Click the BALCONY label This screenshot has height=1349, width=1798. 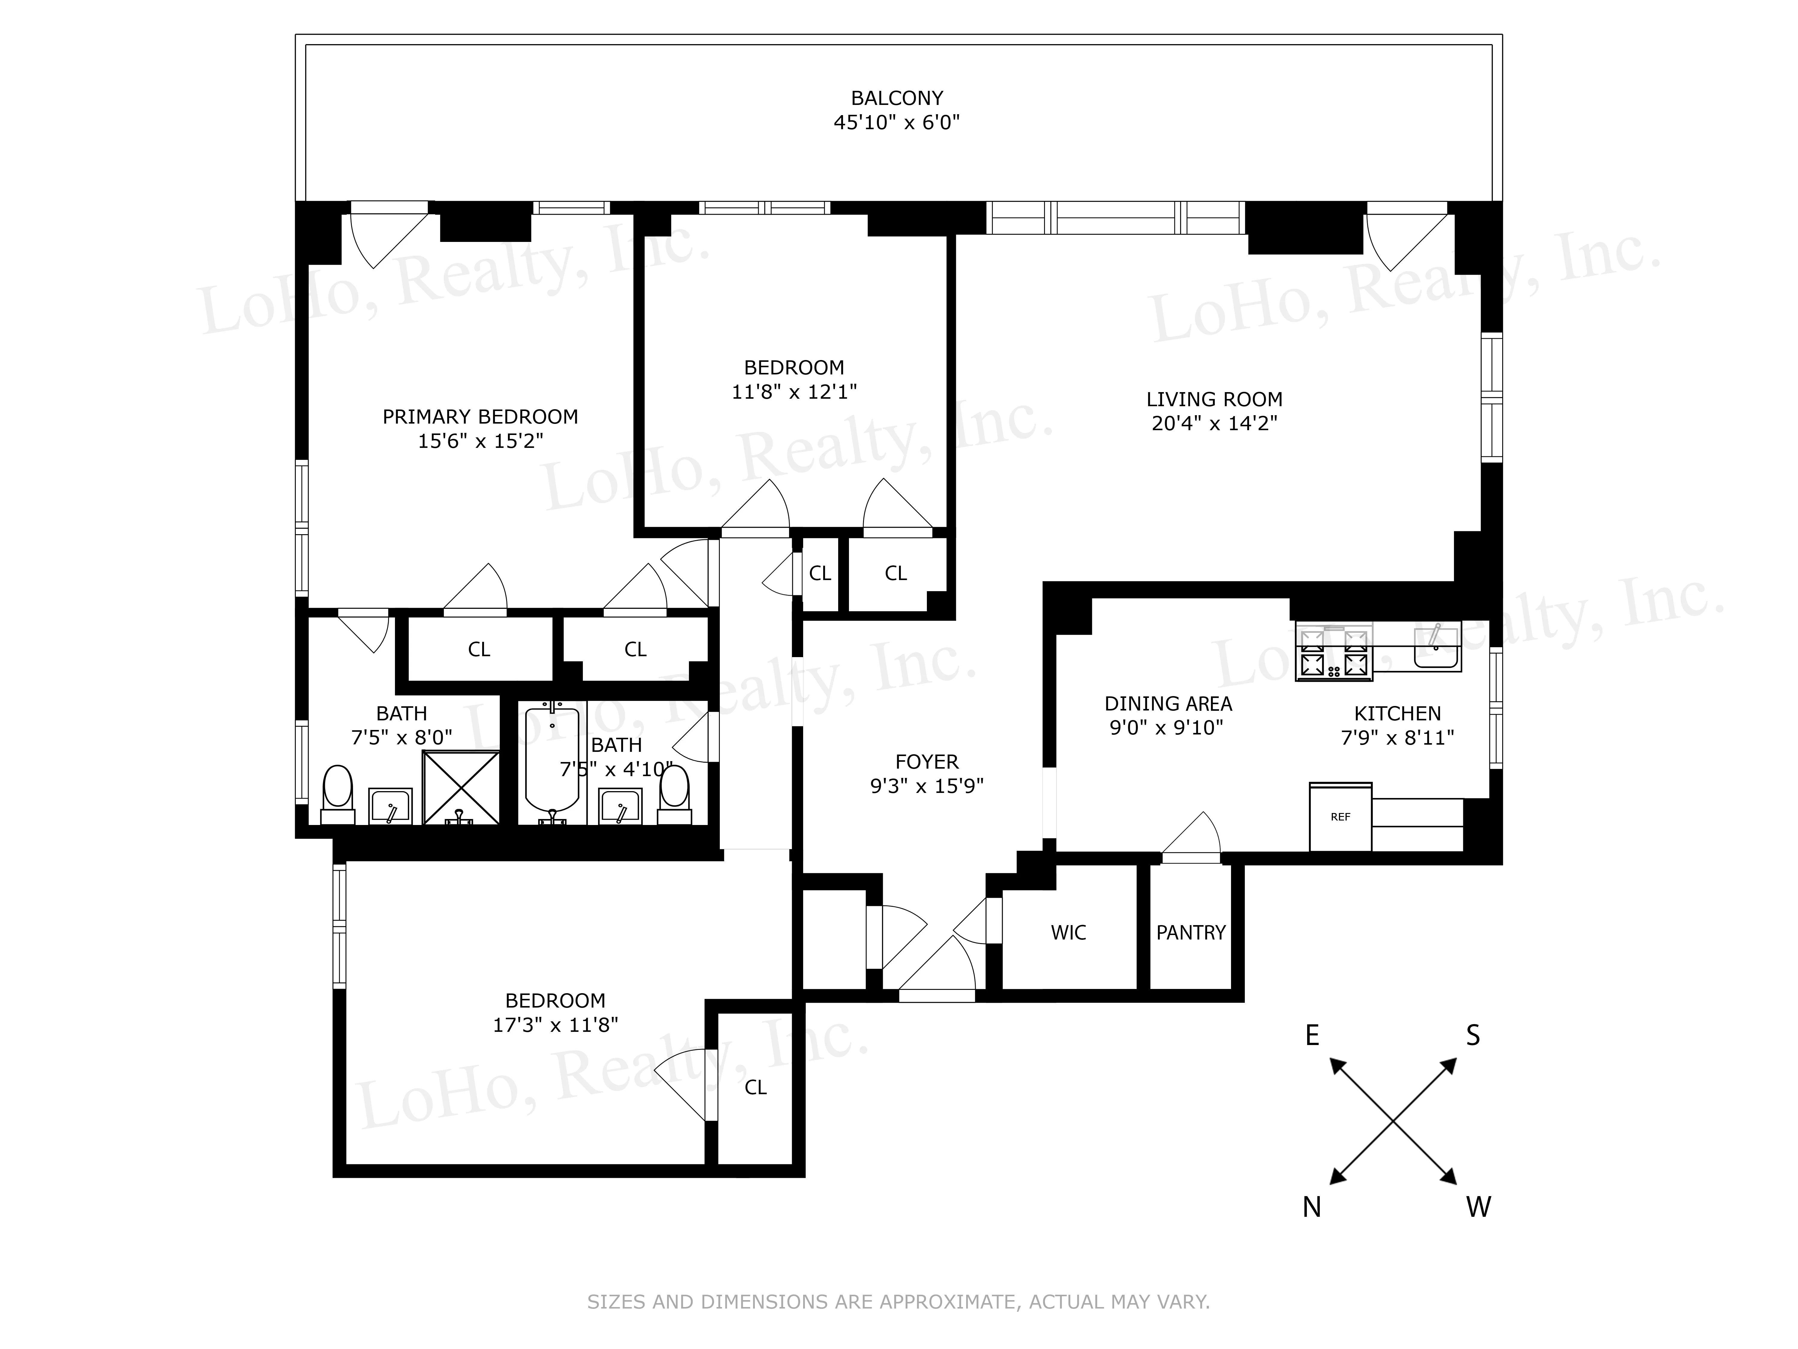[897, 98]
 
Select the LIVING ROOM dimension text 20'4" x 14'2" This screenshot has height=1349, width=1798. [1214, 424]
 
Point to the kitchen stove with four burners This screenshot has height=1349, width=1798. [1333, 652]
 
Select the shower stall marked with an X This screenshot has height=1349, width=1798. [461, 787]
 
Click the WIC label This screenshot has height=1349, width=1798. [1068, 933]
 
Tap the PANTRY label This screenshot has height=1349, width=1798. [1191, 933]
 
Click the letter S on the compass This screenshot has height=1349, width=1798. [1473, 1035]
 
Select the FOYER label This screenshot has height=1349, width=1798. [927, 762]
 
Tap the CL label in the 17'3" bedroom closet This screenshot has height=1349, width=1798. [755, 1087]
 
